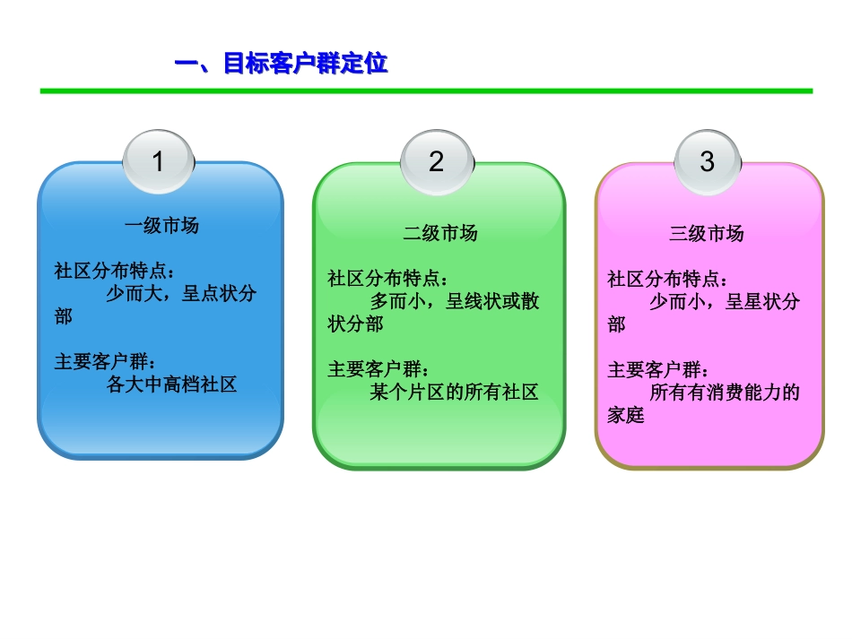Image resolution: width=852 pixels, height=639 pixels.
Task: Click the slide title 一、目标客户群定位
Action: click(280, 65)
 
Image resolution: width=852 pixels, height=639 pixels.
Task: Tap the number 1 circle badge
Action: click(159, 162)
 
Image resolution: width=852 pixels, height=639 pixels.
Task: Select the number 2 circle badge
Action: click(436, 162)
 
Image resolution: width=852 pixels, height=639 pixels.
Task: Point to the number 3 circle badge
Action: click(707, 162)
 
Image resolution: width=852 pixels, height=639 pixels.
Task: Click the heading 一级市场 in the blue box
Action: click(161, 226)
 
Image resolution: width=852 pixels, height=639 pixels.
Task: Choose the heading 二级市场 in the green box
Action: click(439, 234)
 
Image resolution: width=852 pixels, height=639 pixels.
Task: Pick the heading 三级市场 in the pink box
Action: click(707, 234)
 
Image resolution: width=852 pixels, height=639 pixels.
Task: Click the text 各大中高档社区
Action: click(171, 384)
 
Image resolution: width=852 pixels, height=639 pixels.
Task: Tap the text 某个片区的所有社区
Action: click(454, 393)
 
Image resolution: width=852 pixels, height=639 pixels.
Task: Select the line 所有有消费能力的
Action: click(724, 393)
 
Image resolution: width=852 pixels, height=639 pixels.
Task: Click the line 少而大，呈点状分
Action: click(180, 294)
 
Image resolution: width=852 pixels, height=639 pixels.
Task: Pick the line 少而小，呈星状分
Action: click(724, 301)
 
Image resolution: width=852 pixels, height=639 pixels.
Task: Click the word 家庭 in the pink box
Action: click(626, 416)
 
